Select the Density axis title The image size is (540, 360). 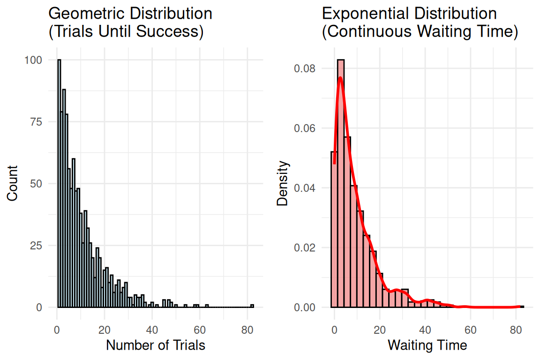click(282, 183)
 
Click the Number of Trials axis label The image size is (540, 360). click(156, 345)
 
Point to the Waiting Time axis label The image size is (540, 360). click(427, 345)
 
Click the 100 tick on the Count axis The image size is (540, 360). click(37, 60)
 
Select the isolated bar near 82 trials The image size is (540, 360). click(252, 306)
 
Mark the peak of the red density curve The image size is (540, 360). click(340, 78)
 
